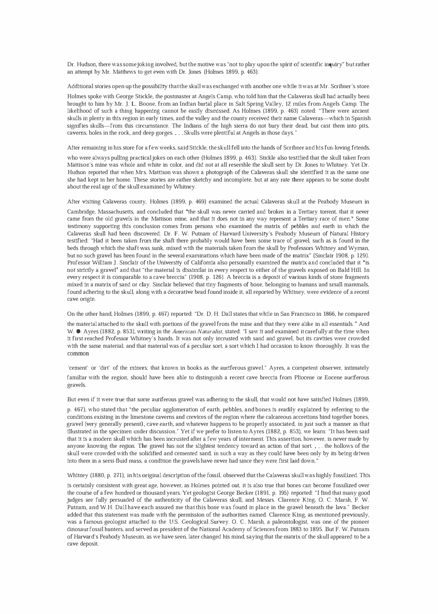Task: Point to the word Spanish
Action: [360, 118]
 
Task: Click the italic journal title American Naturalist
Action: [191, 332]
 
